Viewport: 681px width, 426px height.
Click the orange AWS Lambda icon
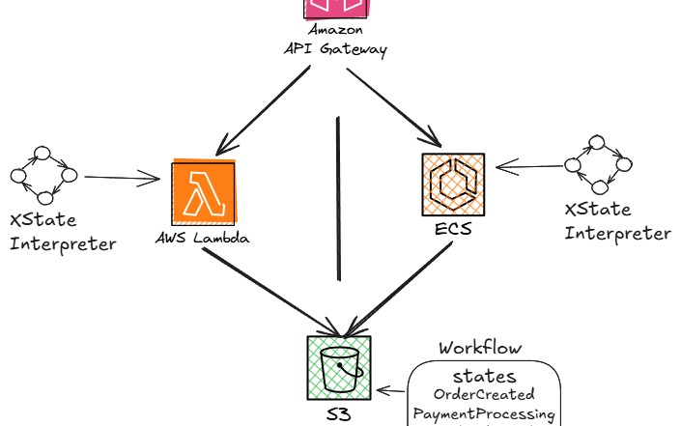[x=203, y=192]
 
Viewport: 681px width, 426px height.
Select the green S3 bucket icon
[x=339, y=367]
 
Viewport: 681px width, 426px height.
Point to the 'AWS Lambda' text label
[x=202, y=237]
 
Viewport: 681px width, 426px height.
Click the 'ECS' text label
[x=452, y=232]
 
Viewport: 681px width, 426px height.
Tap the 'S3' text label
[x=337, y=413]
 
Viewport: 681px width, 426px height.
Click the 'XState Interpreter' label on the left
[x=62, y=232]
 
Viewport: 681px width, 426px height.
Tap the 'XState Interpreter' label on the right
[x=616, y=221]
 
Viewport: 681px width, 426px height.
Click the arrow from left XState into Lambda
[x=121, y=177]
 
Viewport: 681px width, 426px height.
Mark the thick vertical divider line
[x=339, y=198]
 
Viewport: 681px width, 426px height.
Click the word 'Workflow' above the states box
[x=480, y=347]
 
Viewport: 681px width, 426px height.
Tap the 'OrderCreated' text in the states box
[x=483, y=394]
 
